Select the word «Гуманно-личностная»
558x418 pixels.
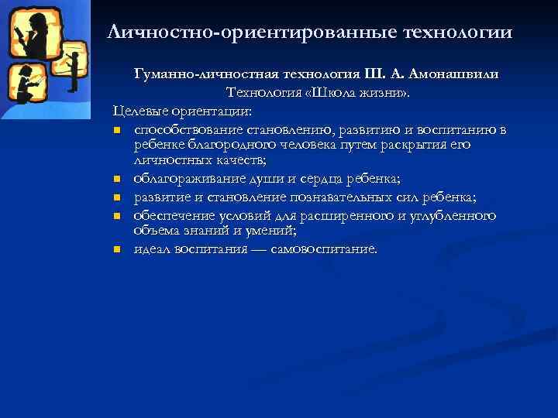195,74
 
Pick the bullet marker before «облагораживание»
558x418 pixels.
117,180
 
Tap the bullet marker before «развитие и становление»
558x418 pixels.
117,198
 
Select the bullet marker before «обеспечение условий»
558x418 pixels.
117,215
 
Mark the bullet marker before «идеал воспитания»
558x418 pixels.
117,249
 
